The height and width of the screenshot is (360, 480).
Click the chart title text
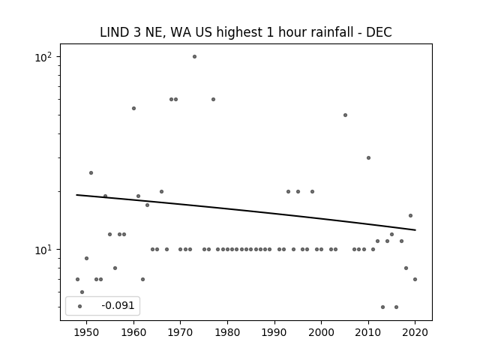click(x=246, y=32)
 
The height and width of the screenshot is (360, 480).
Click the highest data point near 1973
click(x=194, y=57)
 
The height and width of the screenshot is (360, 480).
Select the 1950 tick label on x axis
click(x=87, y=332)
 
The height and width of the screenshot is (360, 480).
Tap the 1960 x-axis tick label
click(x=133, y=332)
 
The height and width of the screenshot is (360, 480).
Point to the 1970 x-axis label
click(x=181, y=332)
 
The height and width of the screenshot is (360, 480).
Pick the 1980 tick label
click(x=227, y=332)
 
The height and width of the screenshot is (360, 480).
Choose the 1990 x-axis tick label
click(x=274, y=332)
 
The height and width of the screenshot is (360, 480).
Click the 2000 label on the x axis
click(x=322, y=332)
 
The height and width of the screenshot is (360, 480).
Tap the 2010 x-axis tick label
click(x=368, y=332)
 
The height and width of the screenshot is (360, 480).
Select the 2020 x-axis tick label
click(x=415, y=332)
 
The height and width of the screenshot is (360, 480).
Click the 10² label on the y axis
click(x=43, y=57)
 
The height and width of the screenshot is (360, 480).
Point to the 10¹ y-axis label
click(x=43, y=250)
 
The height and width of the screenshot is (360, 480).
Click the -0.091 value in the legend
click(x=118, y=305)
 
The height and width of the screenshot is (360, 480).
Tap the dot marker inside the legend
click(x=80, y=306)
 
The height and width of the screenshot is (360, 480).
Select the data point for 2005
click(x=345, y=115)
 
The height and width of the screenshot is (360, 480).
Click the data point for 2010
click(x=368, y=158)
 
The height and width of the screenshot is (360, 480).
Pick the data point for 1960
click(x=133, y=108)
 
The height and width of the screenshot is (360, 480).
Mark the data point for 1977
click(x=213, y=100)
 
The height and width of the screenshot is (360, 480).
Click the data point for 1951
click(x=91, y=173)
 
